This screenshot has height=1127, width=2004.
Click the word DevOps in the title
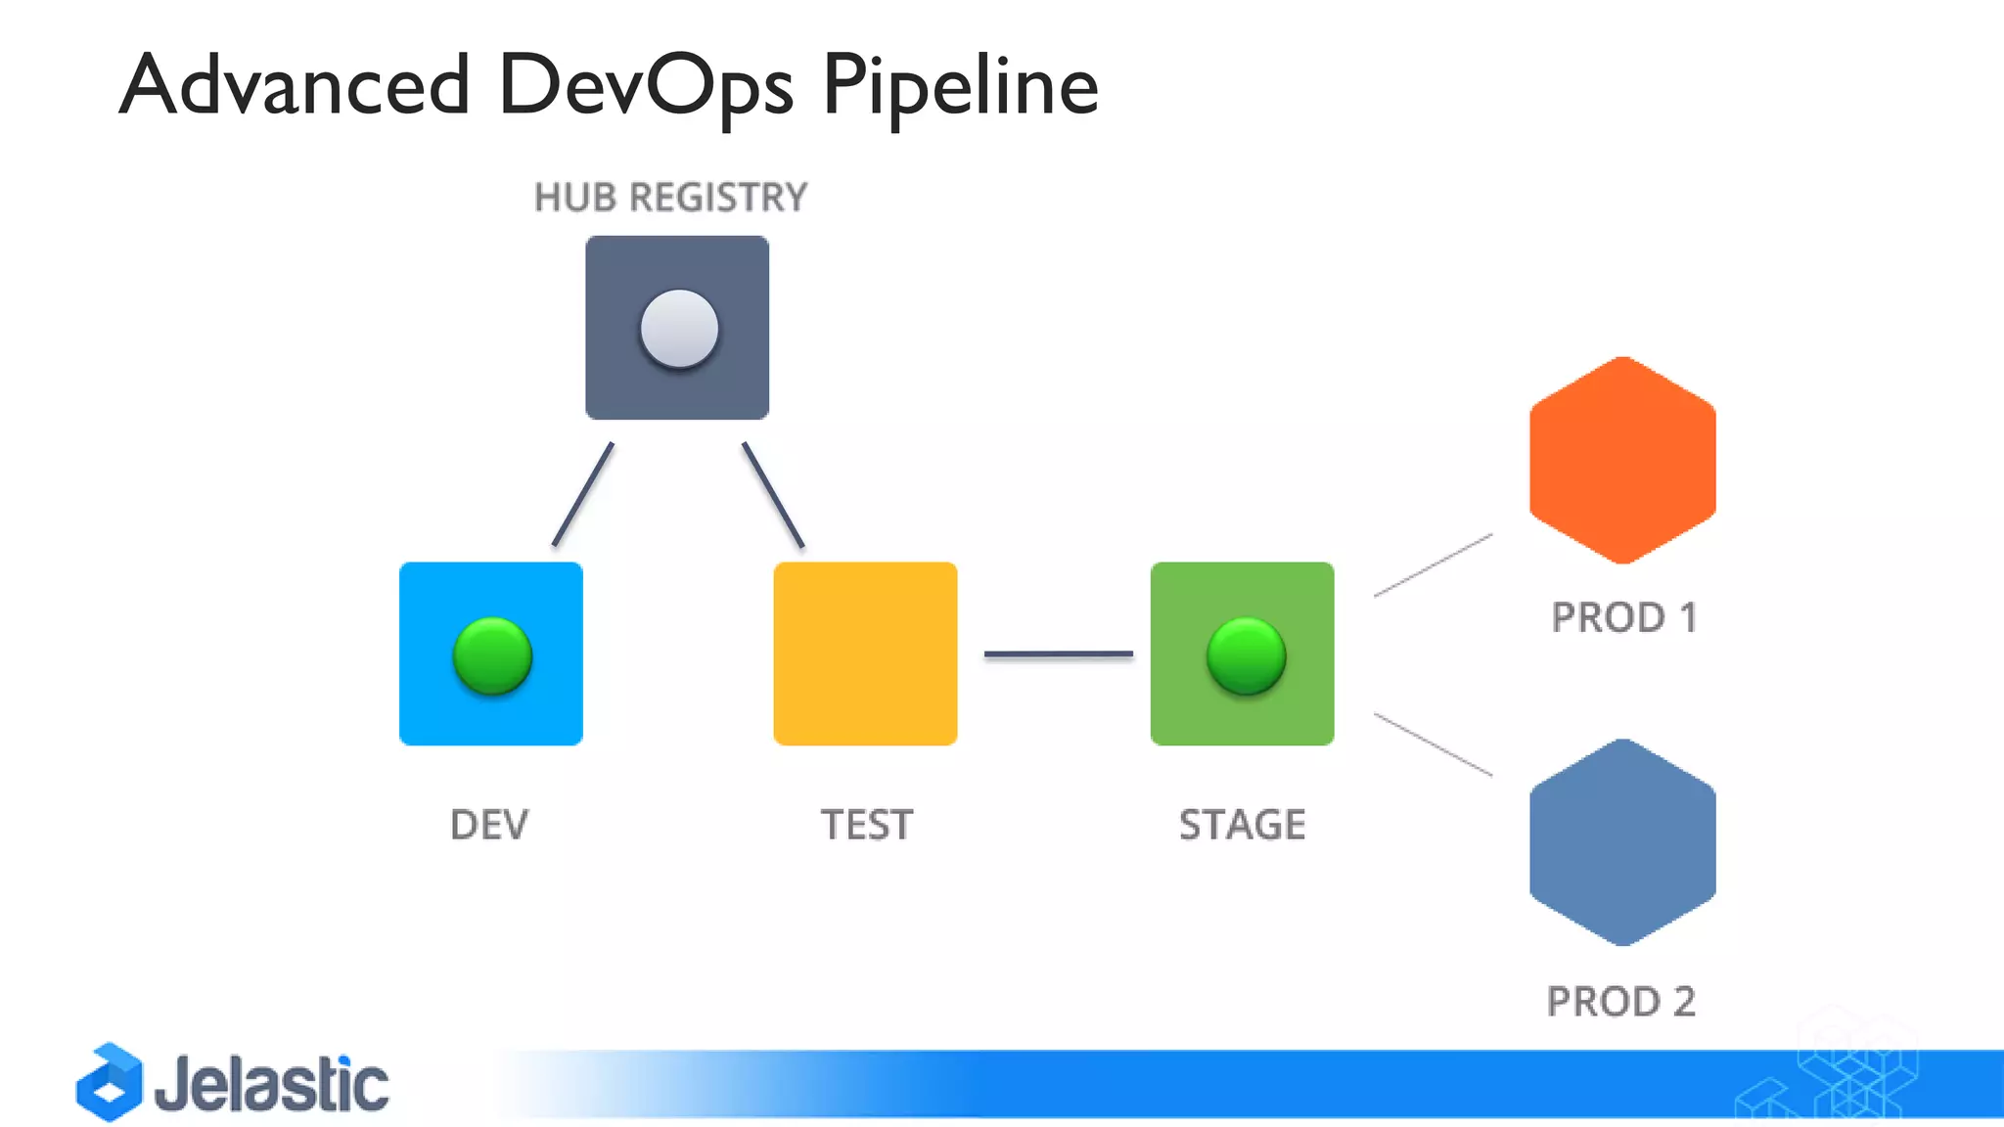point(644,86)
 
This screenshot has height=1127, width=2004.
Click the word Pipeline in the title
point(960,86)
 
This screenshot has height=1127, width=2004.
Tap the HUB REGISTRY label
point(670,198)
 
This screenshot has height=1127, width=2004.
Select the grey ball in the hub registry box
point(679,329)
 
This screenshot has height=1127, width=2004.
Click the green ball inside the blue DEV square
point(492,655)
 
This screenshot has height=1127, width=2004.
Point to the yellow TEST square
point(865,654)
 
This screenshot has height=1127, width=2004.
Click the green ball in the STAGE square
point(1246,655)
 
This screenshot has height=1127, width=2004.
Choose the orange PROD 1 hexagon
point(1622,460)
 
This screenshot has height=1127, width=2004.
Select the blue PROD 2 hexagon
point(1622,842)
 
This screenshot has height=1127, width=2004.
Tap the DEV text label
point(489,825)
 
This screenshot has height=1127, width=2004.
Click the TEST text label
point(866,825)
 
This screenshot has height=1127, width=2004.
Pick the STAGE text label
point(1242,825)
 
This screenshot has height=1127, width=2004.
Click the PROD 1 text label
point(1623,617)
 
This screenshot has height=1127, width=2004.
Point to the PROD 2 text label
point(1620,1002)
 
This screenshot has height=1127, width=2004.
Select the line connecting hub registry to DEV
point(583,494)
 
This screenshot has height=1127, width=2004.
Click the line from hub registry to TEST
point(773,494)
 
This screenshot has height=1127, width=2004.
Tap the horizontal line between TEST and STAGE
point(1058,654)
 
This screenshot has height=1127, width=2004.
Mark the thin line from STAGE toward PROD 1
point(1433,565)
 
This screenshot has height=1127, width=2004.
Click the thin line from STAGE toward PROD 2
point(1433,744)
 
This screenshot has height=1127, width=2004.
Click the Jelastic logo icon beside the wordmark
point(110,1082)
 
